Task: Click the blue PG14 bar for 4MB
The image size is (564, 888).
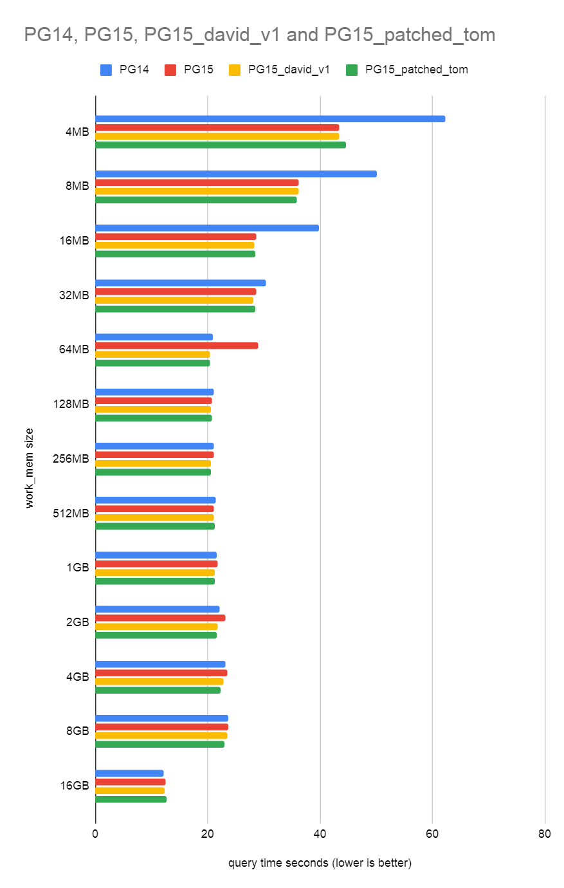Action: point(270,119)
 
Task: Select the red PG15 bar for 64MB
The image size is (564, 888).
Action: point(177,346)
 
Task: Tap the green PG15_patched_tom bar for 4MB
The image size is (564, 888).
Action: point(221,145)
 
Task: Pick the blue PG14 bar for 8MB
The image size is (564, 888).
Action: point(236,174)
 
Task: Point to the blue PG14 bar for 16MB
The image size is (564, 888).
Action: point(207,228)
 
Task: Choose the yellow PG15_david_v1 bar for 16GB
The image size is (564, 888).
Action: point(130,791)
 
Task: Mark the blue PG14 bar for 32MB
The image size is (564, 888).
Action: point(181,283)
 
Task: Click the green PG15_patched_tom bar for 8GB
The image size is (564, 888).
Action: point(160,745)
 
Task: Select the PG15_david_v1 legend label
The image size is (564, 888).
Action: point(289,69)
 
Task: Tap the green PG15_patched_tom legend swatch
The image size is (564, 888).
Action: point(352,69)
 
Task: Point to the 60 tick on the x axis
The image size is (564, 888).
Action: point(432,834)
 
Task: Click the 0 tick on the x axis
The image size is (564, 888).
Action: point(96,834)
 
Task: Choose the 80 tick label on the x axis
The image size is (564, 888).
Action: point(544,834)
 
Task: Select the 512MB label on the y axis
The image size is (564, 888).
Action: point(71,513)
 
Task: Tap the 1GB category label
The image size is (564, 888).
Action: point(77,568)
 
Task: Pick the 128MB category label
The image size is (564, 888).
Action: point(71,404)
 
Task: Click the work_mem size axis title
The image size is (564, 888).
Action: point(30,468)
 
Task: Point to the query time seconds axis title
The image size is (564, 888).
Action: point(320,863)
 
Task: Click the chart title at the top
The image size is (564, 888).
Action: point(260,35)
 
